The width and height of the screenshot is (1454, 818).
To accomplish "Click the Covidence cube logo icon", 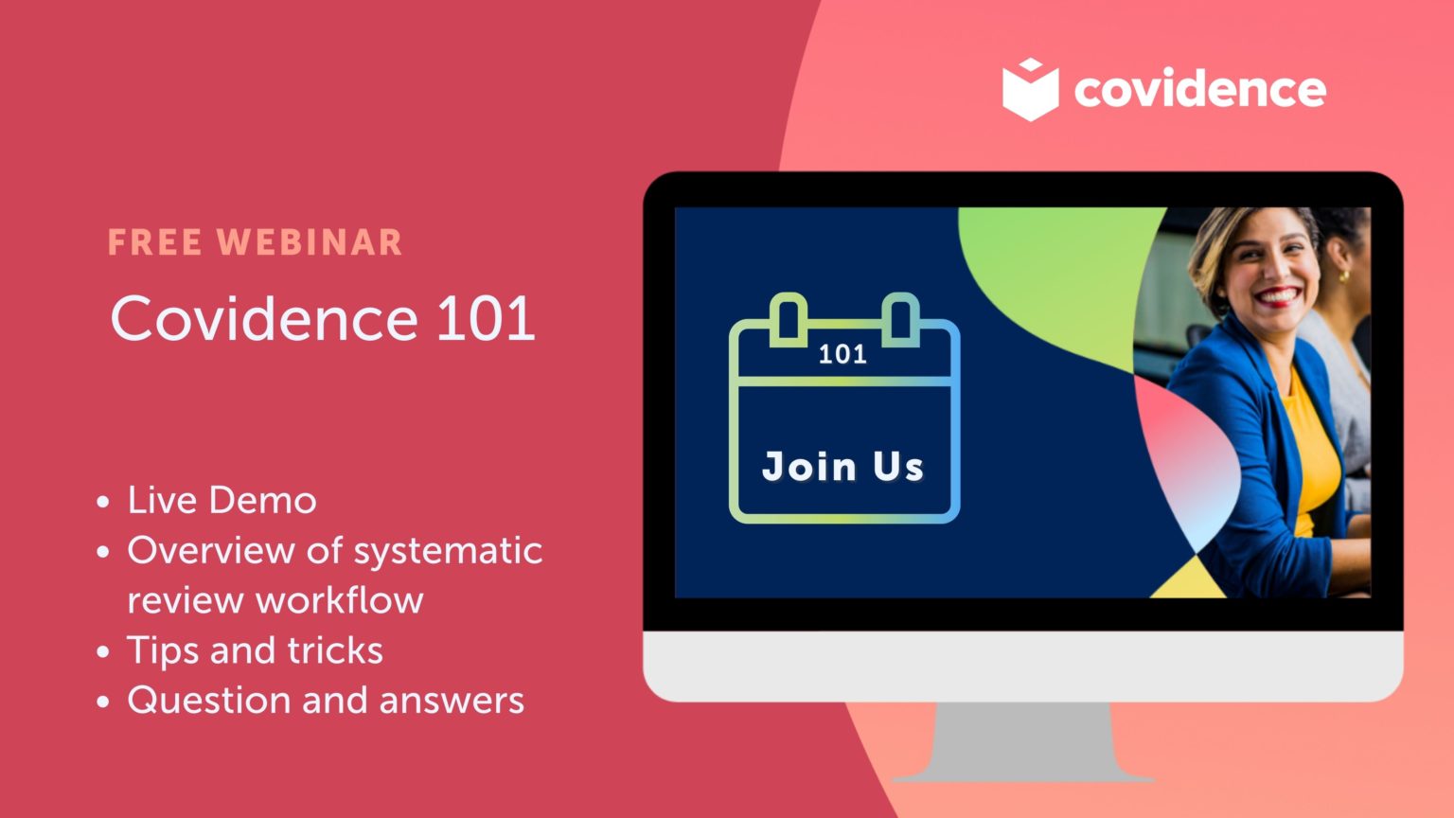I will [1030, 89].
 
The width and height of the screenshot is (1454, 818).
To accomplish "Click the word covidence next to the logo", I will [1199, 89].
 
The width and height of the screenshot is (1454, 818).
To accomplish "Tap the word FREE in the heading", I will [154, 242].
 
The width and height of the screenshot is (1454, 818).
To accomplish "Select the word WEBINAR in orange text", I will [310, 242].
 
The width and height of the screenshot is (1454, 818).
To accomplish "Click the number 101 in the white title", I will [486, 318].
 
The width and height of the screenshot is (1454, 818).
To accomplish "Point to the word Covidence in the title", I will [263, 318].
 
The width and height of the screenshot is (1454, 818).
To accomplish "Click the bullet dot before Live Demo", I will [103, 502].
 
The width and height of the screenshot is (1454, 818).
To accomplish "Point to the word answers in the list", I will [451, 701].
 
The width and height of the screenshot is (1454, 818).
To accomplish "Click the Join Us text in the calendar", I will [842, 466].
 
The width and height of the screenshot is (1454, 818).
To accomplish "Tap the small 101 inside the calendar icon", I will [842, 354].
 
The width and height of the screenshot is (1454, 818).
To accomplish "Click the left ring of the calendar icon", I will [788, 318].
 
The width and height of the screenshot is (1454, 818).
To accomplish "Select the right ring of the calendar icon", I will [900, 318].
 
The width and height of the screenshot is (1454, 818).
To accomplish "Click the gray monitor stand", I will [1023, 743].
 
